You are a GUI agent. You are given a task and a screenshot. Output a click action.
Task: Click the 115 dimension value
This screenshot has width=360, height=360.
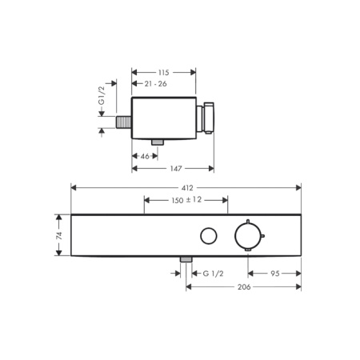tap(163, 73)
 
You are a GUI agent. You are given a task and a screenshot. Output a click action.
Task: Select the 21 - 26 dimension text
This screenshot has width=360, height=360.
tap(155, 84)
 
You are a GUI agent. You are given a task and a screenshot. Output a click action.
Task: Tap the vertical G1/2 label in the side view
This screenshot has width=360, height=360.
tap(102, 95)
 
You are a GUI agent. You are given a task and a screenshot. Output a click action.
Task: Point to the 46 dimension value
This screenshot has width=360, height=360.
tap(145, 156)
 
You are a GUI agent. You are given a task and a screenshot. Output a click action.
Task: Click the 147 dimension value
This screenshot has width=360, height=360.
tap(176, 169)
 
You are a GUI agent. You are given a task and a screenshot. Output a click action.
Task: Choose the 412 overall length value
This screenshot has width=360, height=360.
tap(187, 188)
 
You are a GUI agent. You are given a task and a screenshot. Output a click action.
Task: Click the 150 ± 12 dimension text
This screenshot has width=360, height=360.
tap(186, 200)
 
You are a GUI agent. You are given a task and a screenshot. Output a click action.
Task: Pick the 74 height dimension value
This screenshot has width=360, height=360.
tap(59, 235)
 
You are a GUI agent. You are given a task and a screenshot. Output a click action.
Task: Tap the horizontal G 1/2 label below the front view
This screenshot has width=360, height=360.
tap(213, 274)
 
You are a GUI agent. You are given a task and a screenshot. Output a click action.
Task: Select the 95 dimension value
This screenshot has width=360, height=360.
tap(275, 274)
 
